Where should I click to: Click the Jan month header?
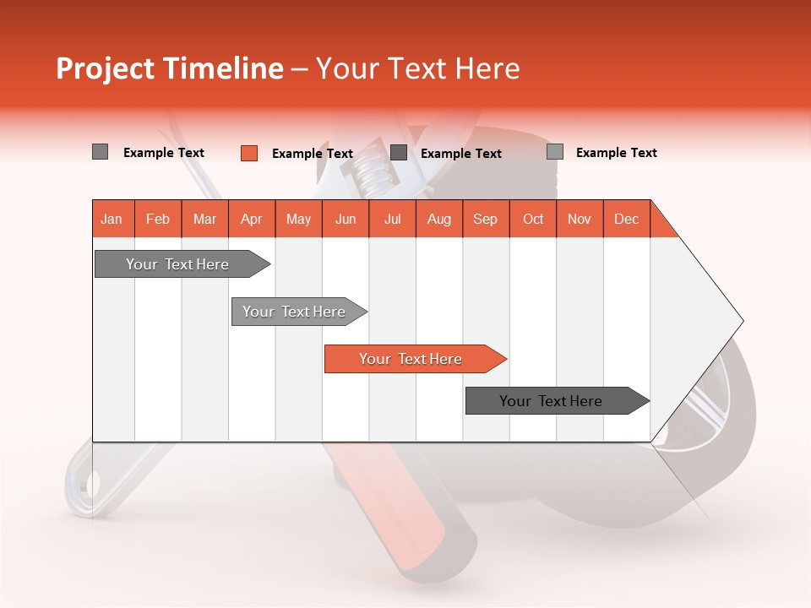point(112,219)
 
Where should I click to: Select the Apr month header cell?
point(252,219)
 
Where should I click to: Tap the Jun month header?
point(346,219)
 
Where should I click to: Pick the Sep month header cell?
point(486,219)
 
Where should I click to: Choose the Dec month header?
point(626,219)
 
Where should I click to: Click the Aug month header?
point(439,219)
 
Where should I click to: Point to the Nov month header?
point(580,219)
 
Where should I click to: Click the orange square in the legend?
point(248,153)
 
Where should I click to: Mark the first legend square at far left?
point(100,152)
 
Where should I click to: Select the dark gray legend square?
point(399,153)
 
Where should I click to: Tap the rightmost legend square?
point(555,152)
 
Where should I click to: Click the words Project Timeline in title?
point(169,68)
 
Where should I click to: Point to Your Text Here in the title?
point(418,68)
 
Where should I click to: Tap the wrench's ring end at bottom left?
point(84,486)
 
